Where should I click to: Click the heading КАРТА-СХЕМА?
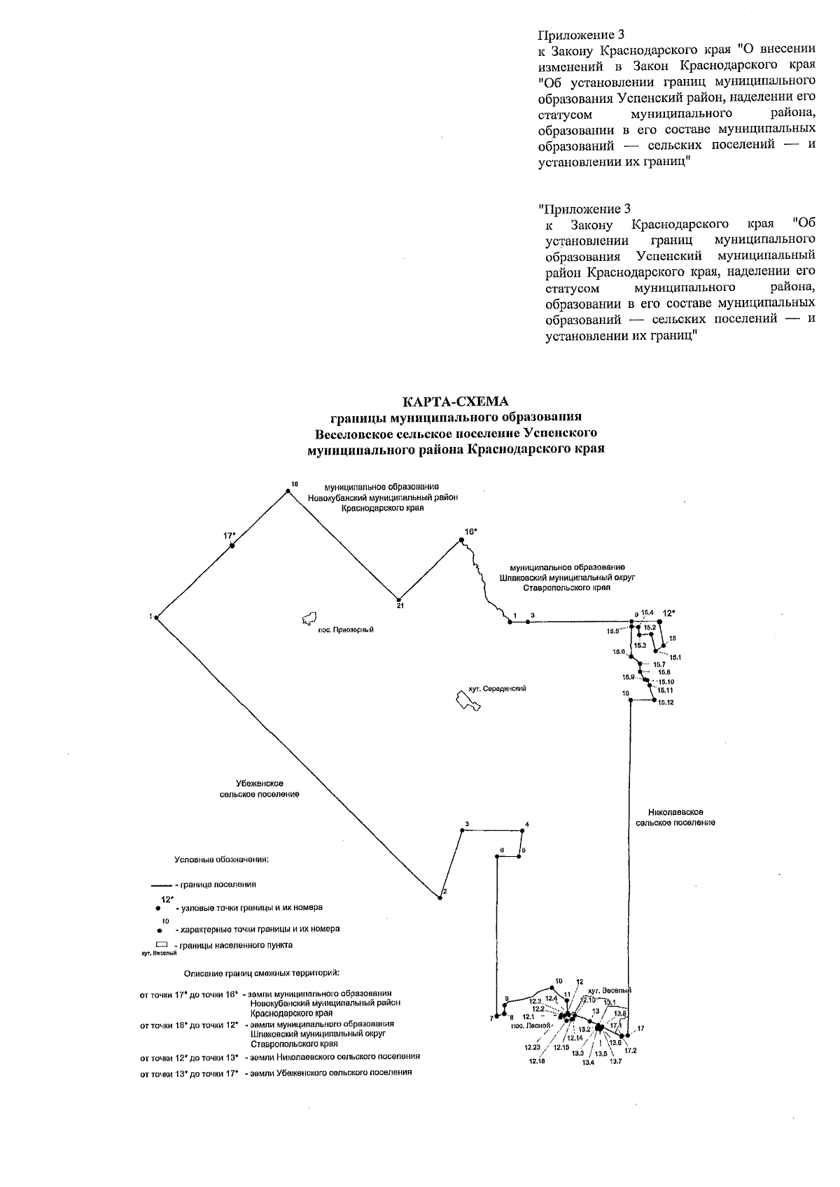[456, 401]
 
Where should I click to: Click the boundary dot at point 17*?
[232, 546]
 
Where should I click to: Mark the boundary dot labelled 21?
[399, 599]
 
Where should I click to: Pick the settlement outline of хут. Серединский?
[467, 700]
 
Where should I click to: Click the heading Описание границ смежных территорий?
[262, 973]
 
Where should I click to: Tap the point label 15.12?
[666, 702]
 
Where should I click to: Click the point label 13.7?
[615, 1062]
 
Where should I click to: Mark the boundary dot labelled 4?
[523, 831]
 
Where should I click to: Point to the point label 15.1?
[675, 657]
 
